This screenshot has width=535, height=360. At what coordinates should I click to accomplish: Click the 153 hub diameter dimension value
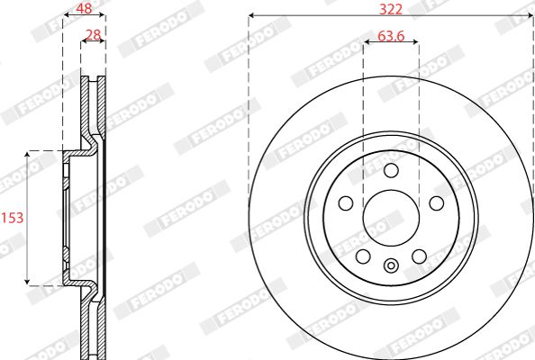tap(12, 217)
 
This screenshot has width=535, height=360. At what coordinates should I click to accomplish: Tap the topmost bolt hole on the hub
tap(390, 171)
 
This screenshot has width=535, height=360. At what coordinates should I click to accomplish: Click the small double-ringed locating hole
tap(390, 265)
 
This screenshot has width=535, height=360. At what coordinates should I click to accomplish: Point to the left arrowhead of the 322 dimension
tap(252, 15)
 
